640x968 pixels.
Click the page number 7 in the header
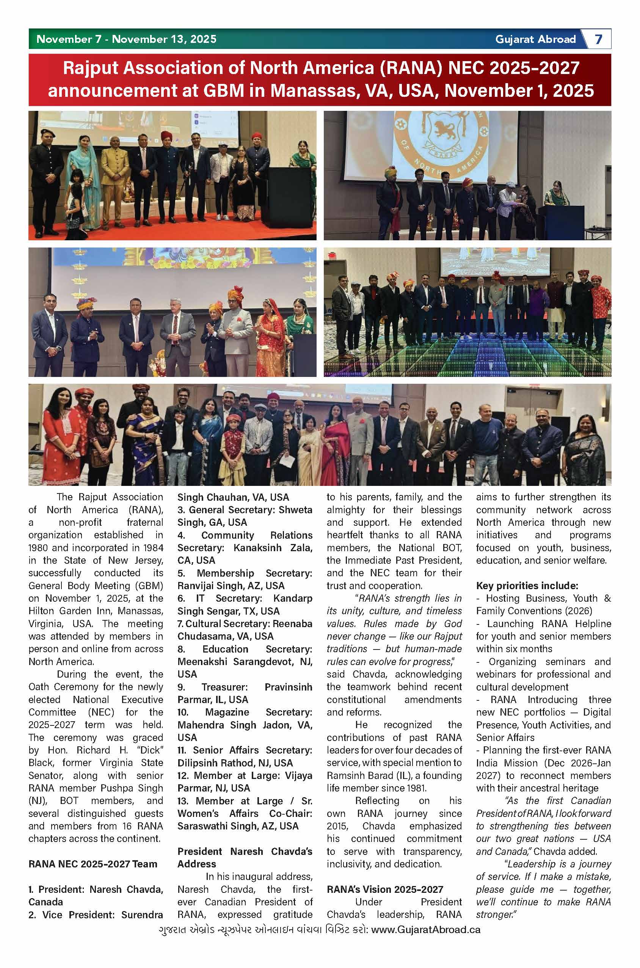pos(598,39)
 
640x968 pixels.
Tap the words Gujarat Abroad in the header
pos(535,39)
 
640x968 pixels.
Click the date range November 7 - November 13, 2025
pos(126,39)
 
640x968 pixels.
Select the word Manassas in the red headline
pos(314,90)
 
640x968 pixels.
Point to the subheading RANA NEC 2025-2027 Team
pos(93,864)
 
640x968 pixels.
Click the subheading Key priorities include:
pos(527,585)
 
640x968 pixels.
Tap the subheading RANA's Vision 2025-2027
pos(384,889)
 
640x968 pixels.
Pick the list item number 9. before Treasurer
pos(182,687)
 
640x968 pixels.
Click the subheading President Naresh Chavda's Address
pos(245,857)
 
